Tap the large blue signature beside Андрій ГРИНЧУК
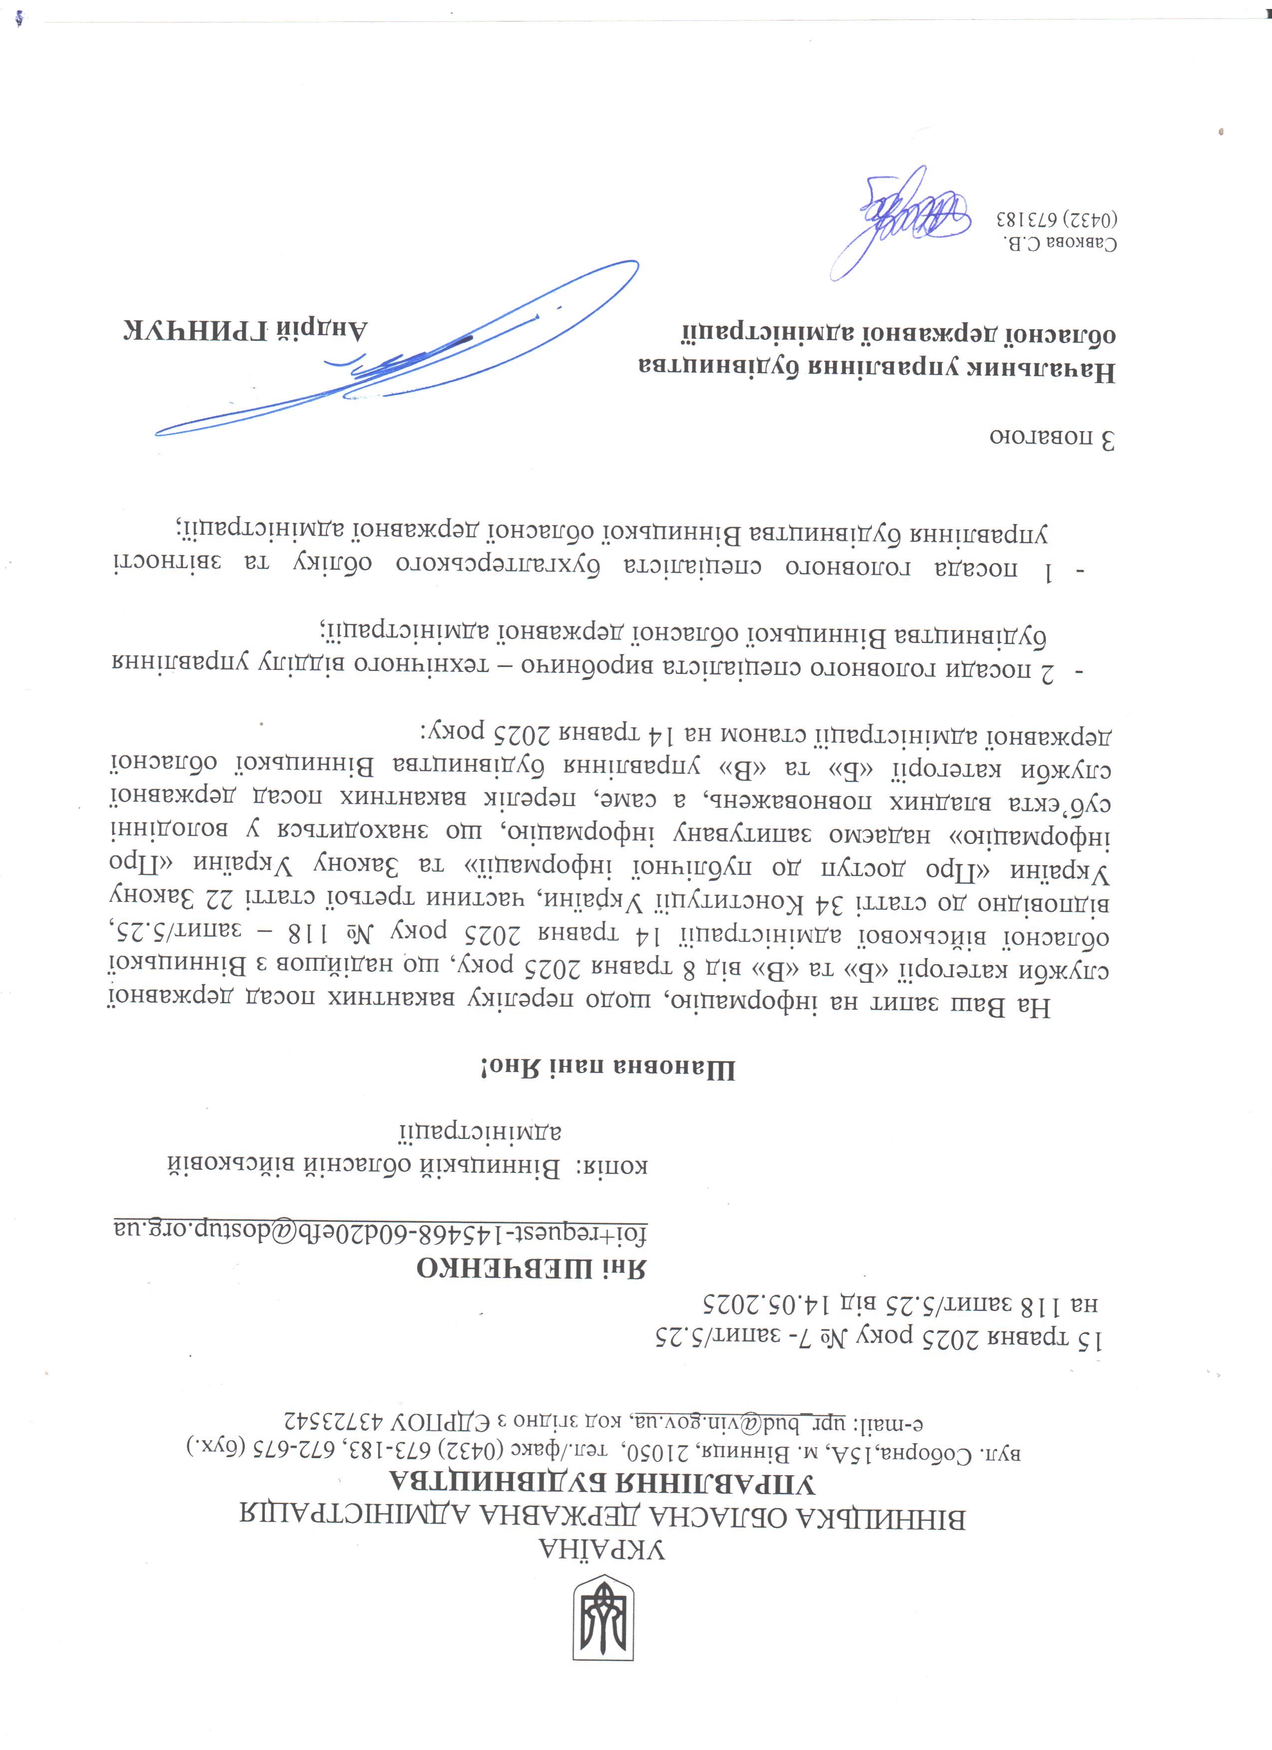click(401, 355)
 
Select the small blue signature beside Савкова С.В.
click(902, 220)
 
